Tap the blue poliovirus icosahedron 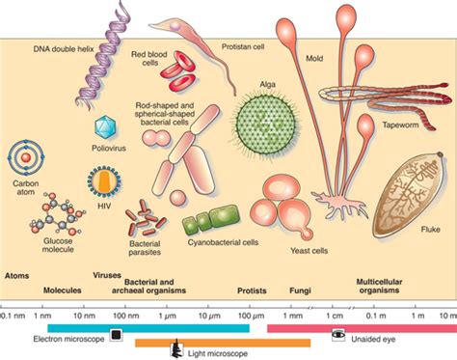[x=104, y=126]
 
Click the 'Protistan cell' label [x=242, y=45]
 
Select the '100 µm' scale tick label [x=250, y=315]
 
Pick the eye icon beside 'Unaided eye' [x=338, y=333]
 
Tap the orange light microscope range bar [x=222, y=342]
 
